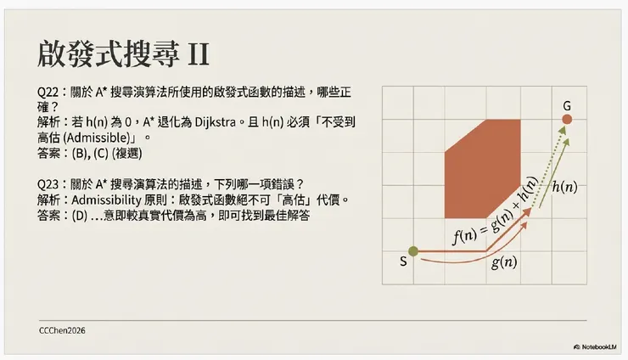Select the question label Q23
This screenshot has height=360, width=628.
coord(48,184)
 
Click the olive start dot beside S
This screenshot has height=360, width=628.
coord(413,250)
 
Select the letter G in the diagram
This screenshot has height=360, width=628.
coord(566,104)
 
